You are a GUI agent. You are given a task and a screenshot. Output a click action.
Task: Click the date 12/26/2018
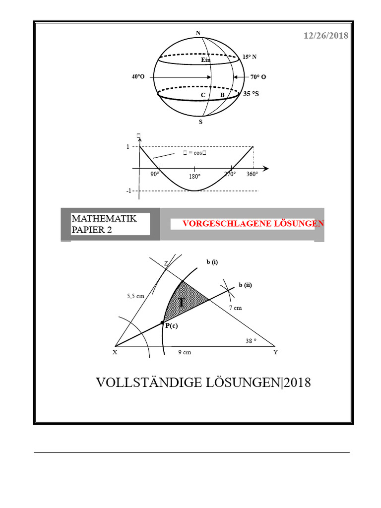tap(326, 36)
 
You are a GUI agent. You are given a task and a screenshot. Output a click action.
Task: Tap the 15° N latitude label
tap(250, 57)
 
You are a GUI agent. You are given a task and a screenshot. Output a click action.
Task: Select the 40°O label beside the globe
tap(138, 77)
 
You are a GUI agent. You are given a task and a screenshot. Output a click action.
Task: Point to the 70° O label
tap(258, 77)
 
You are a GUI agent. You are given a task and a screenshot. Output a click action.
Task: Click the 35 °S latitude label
tap(251, 93)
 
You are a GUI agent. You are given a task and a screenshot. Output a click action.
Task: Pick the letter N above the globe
tap(198, 33)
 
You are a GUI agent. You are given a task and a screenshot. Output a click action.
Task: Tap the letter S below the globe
tap(200, 121)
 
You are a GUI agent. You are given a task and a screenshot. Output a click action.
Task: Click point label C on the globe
tap(203, 95)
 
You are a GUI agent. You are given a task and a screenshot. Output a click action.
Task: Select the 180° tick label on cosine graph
tap(194, 177)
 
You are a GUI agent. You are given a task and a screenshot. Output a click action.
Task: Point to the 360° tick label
tap(252, 174)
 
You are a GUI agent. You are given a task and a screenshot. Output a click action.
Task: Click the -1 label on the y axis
tap(129, 191)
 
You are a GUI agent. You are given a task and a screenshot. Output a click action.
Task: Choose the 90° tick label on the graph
tap(155, 174)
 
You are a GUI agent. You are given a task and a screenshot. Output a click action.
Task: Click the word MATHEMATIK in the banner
tap(104, 218)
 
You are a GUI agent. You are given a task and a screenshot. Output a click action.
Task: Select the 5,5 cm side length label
tap(135, 296)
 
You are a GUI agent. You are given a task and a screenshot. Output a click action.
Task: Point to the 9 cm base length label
tap(185, 352)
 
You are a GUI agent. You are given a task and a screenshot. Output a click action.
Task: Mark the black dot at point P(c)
tap(162, 322)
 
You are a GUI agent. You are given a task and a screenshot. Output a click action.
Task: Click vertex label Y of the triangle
tap(276, 352)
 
